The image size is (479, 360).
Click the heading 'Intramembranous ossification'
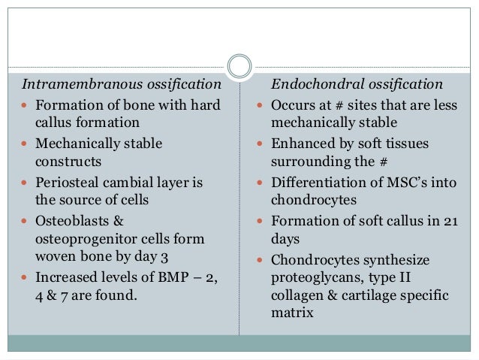click(121, 83)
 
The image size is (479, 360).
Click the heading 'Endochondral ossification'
click(356, 83)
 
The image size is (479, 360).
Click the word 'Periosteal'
click(71, 182)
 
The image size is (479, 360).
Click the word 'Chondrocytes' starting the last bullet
click(318, 260)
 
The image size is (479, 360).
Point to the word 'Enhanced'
click(301, 143)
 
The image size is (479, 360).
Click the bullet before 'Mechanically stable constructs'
click(26, 143)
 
